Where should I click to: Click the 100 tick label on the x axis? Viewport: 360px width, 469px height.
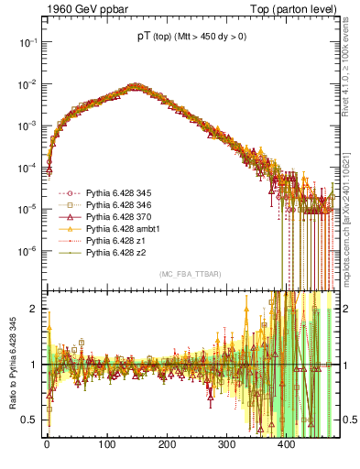(106, 444)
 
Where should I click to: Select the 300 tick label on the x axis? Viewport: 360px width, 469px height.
(226, 444)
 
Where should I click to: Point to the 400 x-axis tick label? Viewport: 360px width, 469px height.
(286, 444)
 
